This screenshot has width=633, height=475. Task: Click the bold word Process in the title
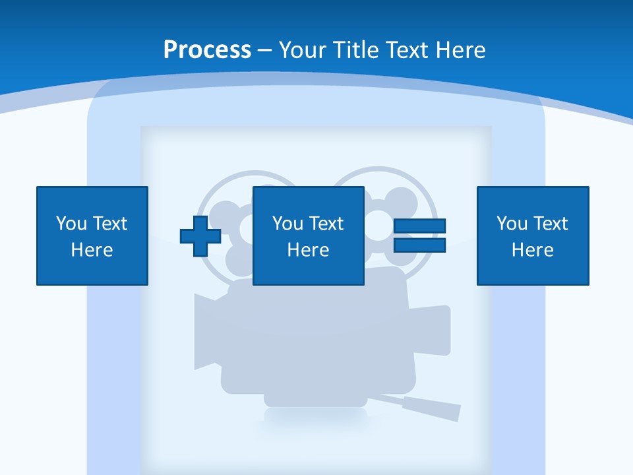pyautogui.click(x=207, y=50)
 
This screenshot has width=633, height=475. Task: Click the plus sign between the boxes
pyautogui.click(x=200, y=236)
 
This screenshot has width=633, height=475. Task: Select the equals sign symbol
pyautogui.click(x=419, y=236)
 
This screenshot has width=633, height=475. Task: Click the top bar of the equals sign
pyautogui.click(x=419, y=226)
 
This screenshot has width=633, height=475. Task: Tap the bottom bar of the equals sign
pyautogui.click(x=419, y=245)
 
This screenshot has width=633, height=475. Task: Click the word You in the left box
pyautogui.click(x=71, y=224)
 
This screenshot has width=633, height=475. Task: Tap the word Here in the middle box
pyautogui.click(x=308, y=250)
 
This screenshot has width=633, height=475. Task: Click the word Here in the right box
pyautogui.click(x=533, y=250)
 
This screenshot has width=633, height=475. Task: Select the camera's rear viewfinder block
pyautogui.click(x=433, y=330)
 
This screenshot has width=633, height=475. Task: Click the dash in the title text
pyautogui.click(x=265, y=51)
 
